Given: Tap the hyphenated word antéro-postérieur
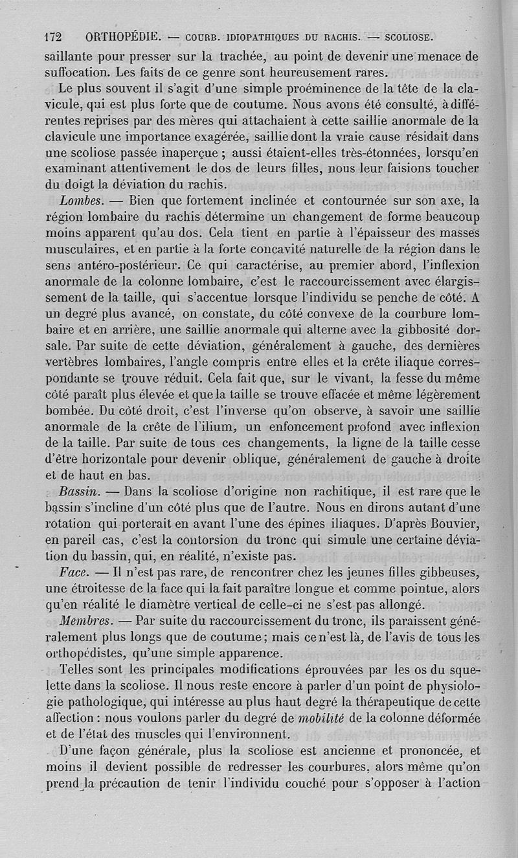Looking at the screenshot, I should (122, 265).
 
